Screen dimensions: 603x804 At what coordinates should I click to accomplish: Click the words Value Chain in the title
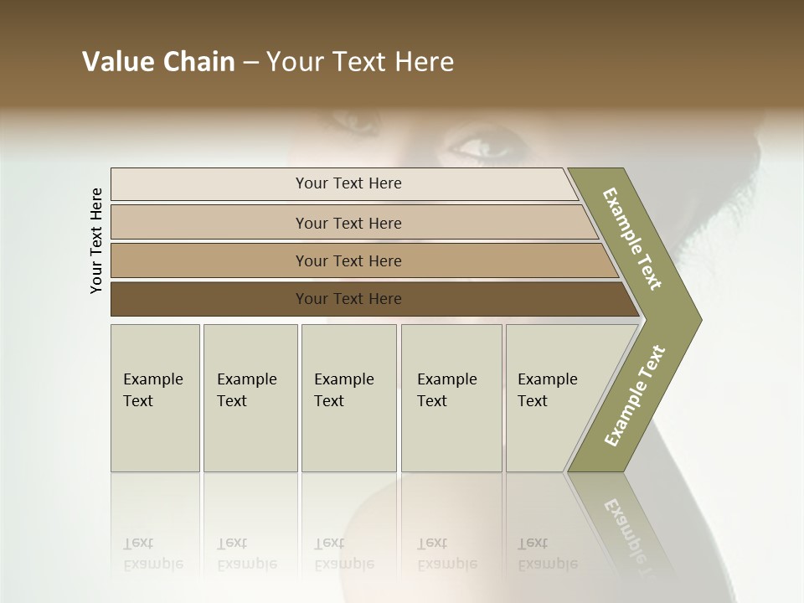158,62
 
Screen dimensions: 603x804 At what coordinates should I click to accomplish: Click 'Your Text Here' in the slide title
360,62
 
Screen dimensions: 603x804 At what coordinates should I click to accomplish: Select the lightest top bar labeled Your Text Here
348,183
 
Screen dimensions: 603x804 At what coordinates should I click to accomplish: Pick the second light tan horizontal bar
348,223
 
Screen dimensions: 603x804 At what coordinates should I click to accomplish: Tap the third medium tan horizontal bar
348,260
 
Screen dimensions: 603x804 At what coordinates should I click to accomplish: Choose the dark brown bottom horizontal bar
348,299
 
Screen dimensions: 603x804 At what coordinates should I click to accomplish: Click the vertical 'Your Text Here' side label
96,240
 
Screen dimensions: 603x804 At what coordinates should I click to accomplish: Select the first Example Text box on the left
155,398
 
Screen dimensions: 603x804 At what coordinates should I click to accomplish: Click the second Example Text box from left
250,398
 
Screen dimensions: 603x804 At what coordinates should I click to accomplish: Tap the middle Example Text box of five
348,398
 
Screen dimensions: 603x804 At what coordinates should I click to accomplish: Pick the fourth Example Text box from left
451,398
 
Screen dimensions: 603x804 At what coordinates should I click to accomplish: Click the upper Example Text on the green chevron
632,239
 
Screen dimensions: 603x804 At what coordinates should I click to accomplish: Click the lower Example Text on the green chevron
634,395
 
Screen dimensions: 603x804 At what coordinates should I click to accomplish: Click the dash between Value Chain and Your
250,63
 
